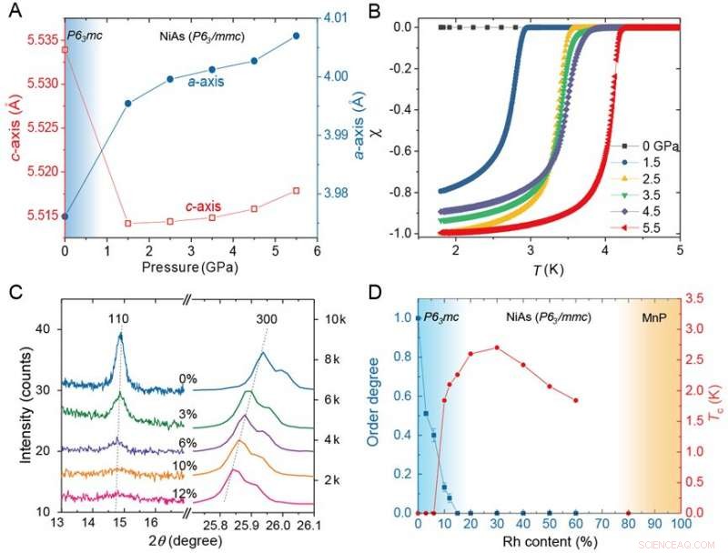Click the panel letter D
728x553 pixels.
(x=380, y=292)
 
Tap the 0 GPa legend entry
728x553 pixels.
(x=650, y=146)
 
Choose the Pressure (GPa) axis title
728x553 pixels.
(x=189, y=266)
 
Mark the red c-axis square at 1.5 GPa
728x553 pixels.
(x=127, y=223)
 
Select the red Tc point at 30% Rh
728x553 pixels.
(x=496, y=347)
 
